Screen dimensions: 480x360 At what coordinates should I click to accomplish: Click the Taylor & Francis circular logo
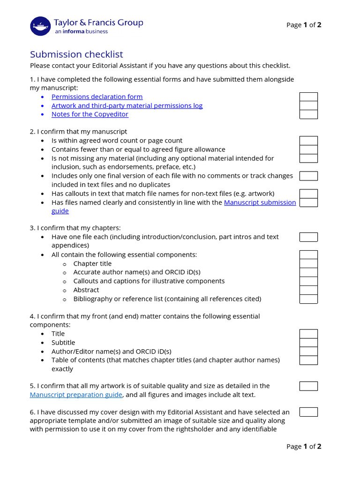40,26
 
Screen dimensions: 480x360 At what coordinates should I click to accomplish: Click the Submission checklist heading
76,54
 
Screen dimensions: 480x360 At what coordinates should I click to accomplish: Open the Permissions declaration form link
97,97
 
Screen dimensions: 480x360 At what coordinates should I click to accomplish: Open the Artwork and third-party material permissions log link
127,105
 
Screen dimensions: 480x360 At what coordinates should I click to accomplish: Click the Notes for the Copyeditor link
90,114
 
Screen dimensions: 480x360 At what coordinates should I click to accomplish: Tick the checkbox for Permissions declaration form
308,97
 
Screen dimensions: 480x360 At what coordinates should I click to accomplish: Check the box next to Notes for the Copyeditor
308,114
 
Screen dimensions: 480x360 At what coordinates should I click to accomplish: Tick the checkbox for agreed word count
308,141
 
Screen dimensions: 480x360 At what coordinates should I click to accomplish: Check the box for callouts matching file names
308,194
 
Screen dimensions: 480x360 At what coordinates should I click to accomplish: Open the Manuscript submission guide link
260,202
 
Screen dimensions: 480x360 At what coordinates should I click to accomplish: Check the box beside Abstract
308,290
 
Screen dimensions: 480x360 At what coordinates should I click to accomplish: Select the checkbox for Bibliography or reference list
308,299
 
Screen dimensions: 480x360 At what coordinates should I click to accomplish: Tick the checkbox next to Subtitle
308,343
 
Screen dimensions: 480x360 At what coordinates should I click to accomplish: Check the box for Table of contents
308,360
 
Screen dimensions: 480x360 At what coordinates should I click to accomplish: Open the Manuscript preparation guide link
76,395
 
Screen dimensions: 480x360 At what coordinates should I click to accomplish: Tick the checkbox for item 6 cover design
308,412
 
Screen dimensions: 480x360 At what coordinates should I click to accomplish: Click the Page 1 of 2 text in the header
304,25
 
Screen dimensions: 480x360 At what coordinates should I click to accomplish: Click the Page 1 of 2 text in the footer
304,446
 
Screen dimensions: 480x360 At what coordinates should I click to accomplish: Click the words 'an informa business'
81,32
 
